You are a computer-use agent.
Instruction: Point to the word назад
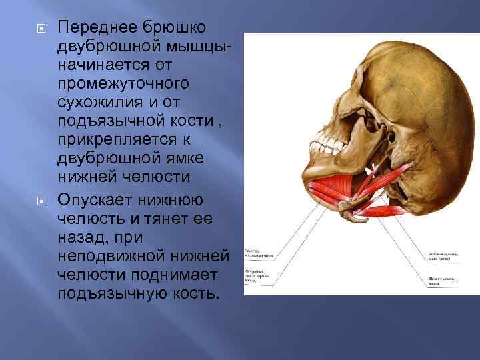click(83, 237)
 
